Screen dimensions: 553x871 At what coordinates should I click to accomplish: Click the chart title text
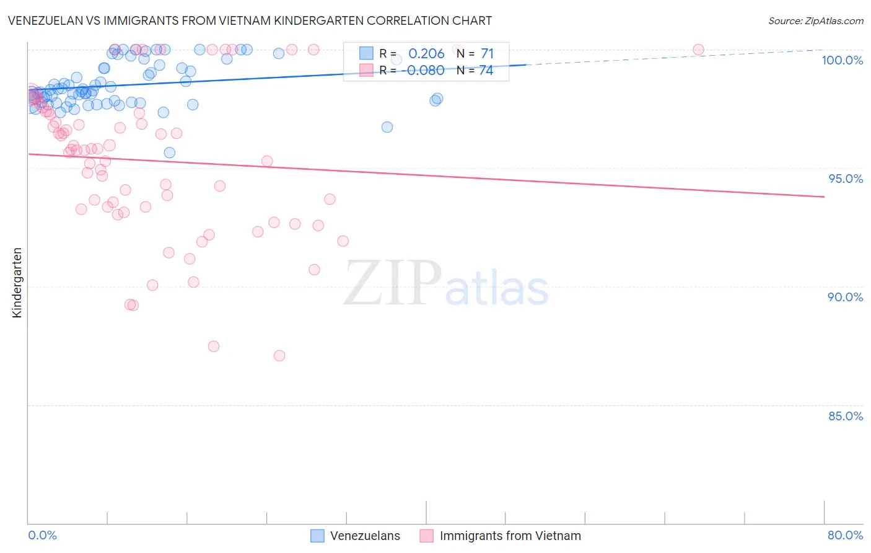[x=250, y=20]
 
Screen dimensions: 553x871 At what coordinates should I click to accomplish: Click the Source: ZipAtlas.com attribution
[x=815, y=20]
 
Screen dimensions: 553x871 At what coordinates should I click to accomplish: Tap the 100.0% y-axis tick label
[x=842, y=60]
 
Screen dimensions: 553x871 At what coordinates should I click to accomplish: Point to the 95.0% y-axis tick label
[x=845, y=179]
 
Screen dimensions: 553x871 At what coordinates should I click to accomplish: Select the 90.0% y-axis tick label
[x=845, y=297]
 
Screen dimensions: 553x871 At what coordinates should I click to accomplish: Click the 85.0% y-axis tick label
[x=845, y=416]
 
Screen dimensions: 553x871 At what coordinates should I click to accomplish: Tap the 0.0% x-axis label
[x=42, y=535]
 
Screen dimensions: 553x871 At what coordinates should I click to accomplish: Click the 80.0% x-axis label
[x=845, y=535]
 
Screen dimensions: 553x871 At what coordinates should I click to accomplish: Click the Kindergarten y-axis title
[x=17, y=283]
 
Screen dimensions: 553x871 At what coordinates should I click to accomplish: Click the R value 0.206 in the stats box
[x=426, y=54]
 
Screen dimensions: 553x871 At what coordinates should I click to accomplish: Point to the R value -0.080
[x=425, y=71]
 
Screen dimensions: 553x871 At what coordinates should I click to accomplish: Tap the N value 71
[x=487, y=54]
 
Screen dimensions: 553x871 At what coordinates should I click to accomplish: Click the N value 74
[x=486, y=71]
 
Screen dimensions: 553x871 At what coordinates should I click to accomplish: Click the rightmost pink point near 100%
[x=698, y=50]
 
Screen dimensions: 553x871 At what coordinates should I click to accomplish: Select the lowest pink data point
[x=279, y=356]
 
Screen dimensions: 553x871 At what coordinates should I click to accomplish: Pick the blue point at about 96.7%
[x=387, y=127]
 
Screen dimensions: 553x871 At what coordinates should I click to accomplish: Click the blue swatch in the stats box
[x=366, y=54]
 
